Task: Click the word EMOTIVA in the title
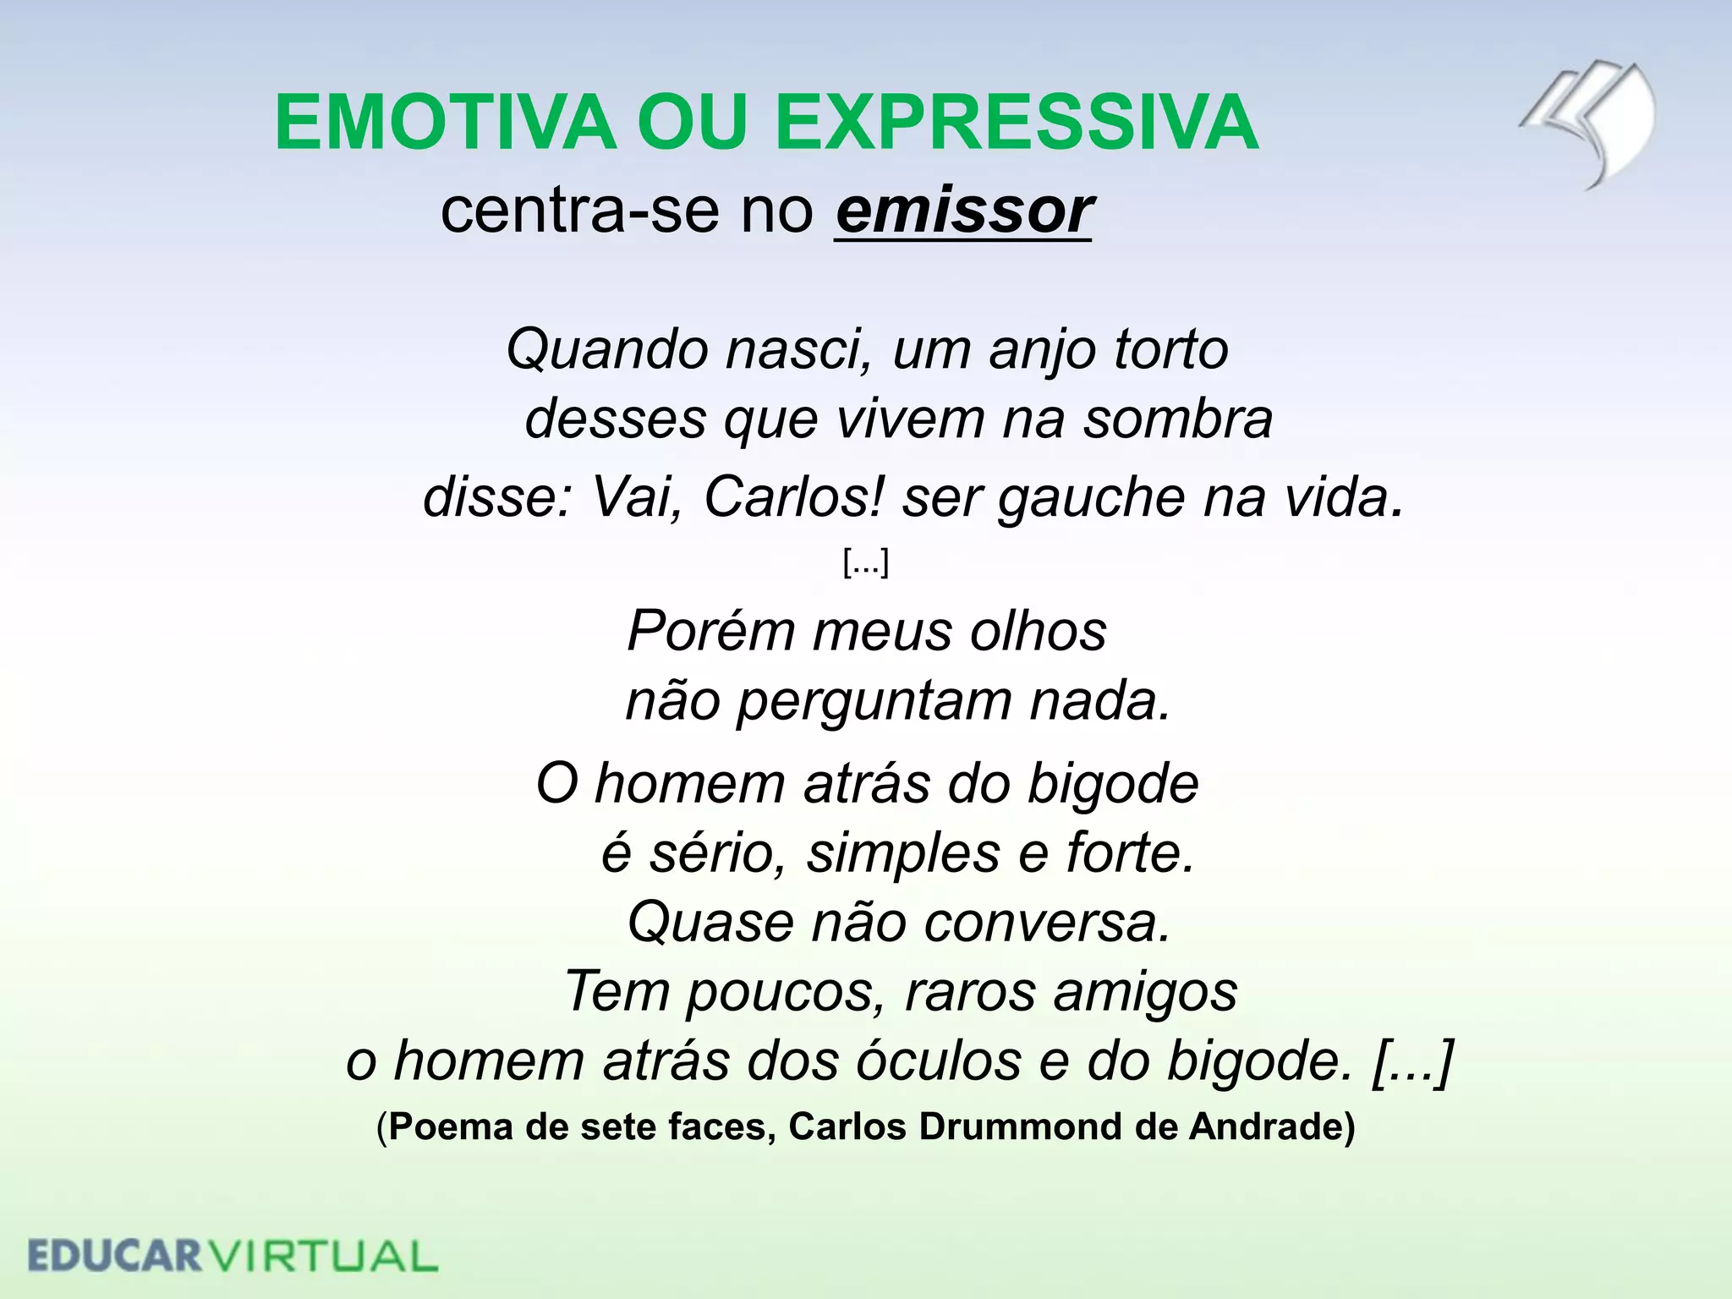pyautogui.click(x=445, y=123)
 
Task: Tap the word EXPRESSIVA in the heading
pyautogui.click(x=1017, y=123)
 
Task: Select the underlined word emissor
pyautogui.click(x=964, y=211)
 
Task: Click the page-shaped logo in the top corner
pyautogui.click(x=1587, y=123)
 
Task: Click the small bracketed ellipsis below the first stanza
pyautogui.click(x=865, y=562)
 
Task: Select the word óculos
pyautogui.click(x=939, y=1061)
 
